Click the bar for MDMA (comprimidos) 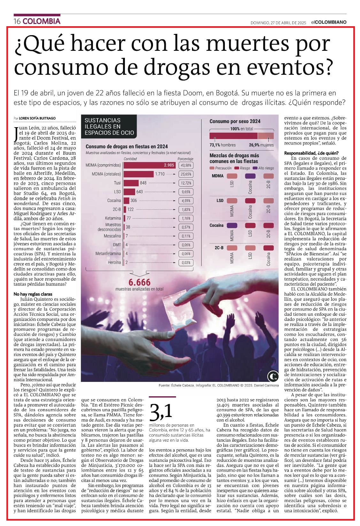point(149,165)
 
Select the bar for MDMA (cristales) point(139,174)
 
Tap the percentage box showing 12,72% point(186,183)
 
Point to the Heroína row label point(114,262)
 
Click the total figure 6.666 point(139,282)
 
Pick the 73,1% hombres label point(222,145)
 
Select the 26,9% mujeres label point(261,145)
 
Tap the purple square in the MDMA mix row point(250,176)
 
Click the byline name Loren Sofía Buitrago point(37,118)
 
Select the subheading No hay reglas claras point(33,294)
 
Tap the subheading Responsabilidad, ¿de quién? point(311,153)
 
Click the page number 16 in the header point(17,21)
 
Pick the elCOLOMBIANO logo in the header point(329,22)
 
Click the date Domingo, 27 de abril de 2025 point(278,23)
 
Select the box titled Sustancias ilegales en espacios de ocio point(109,126)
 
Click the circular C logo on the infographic point(273,377)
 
